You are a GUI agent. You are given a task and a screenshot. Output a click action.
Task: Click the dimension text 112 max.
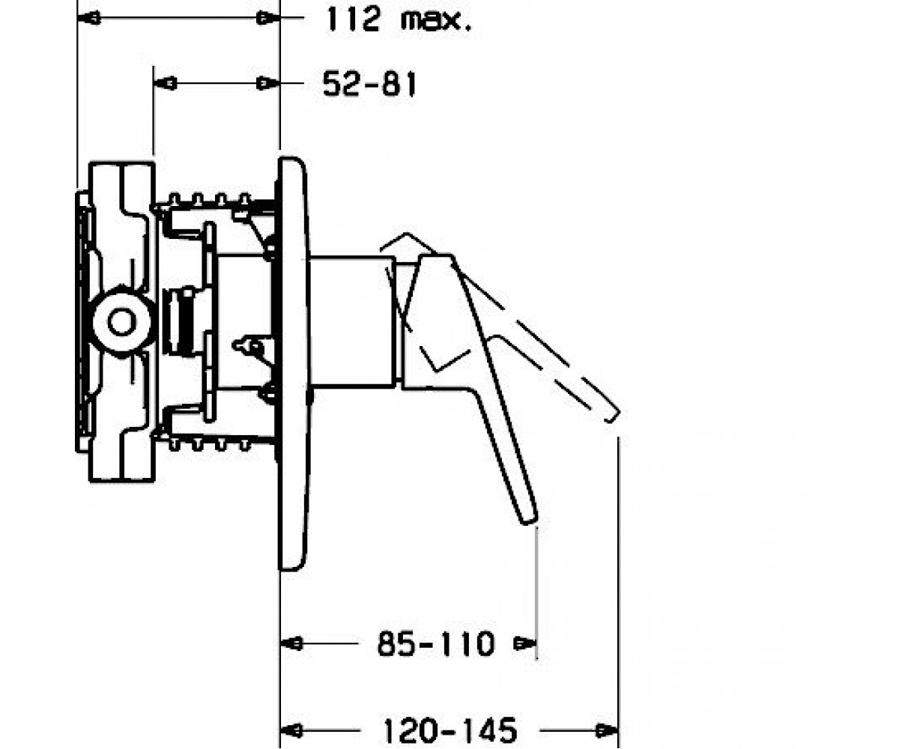[399, 19]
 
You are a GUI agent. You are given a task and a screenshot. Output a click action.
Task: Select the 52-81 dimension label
[369, 84]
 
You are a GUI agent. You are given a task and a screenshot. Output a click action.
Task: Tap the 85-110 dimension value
[436, 644]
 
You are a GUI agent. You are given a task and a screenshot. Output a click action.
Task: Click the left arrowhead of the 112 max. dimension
[88, 19]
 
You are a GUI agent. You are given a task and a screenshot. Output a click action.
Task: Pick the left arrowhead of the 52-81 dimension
[165, 83]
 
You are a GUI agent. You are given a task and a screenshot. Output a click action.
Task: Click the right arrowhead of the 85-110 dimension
[525, 644]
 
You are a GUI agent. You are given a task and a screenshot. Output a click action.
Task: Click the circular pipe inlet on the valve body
[122, 322]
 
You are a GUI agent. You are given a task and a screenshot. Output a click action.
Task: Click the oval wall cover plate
[293, 364]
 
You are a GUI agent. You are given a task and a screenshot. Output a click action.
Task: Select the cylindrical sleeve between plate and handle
[352, 322]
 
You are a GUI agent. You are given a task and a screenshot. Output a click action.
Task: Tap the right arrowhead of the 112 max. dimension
[268, 19]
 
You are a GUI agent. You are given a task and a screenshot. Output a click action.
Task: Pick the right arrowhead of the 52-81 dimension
[268, 83]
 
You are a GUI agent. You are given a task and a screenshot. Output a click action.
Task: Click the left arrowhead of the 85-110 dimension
[291, 644]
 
